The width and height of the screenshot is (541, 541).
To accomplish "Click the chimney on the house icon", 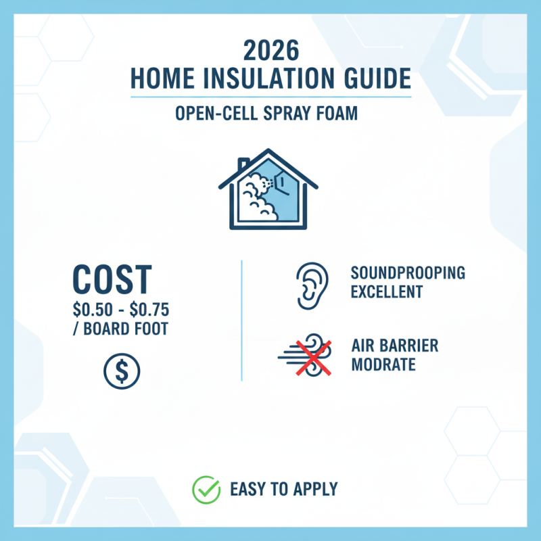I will click(x=244, y=166).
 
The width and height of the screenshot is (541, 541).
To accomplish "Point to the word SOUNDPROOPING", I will click(x=408, y=273).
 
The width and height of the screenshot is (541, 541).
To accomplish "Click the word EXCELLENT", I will click(x=387, y=292).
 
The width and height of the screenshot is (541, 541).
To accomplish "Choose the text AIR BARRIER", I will click(x=395, y=346).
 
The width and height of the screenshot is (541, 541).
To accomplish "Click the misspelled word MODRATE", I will click(x=383, y=365).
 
